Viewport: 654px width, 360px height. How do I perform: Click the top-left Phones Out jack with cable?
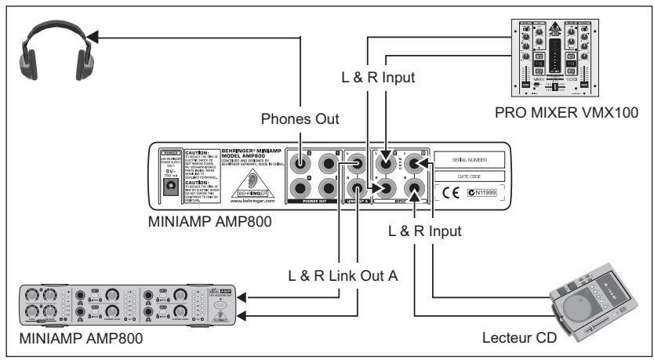[301, 165]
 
